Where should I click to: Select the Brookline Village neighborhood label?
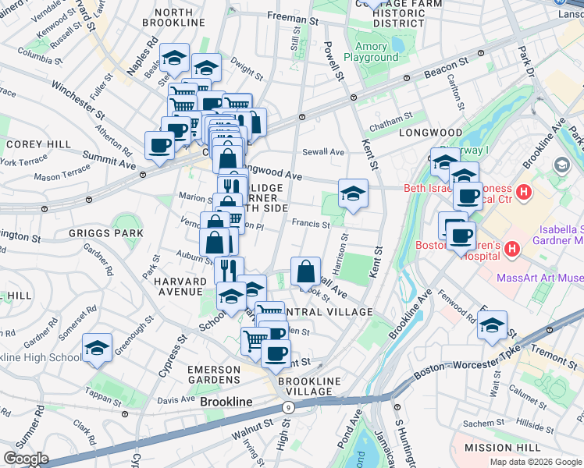[x=310, y=387]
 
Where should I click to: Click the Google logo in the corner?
[x=25, y=459]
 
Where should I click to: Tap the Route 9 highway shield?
[x=289, y=406]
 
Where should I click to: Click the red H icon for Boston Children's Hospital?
[x=512, y=249]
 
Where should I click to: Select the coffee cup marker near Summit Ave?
[x=160, y=145]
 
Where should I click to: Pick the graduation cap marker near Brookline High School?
[x=97, y=348]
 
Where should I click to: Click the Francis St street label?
[x=311, y=223]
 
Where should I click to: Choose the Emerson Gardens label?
[x=220, y=374]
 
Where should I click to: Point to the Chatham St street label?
[x=390, y=118]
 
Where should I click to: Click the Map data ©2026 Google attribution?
[x=535, y=462]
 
